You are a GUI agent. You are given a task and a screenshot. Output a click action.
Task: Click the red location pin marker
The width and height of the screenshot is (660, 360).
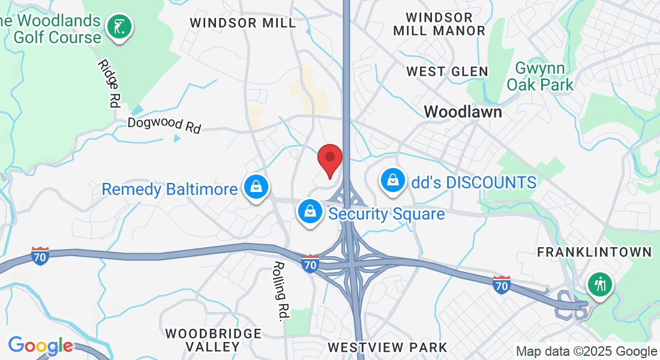[x=329, y=158]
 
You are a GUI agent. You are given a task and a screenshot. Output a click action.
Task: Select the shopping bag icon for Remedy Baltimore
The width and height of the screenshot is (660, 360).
[x=256, y=187]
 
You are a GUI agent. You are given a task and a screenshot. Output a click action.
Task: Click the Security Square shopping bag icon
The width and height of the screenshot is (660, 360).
[x=310, y=211]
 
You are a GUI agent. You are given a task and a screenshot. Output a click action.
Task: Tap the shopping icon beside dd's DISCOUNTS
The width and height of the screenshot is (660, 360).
[x=392, y=179]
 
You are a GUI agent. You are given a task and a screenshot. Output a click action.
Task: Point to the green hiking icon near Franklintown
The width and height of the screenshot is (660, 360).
[x=599, y=283]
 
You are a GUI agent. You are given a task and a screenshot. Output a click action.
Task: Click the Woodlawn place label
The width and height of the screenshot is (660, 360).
[x=463, y=112]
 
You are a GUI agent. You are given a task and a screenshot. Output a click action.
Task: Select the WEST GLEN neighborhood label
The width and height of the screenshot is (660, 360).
[x=447, y=72]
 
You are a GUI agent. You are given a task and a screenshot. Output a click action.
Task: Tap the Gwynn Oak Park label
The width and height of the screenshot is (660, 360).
[x=540, y=76]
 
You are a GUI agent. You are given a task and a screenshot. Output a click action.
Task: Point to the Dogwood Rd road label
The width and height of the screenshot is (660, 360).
[x=164, y=125]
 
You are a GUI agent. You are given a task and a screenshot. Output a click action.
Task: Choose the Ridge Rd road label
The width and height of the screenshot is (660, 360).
[x=107, y=83]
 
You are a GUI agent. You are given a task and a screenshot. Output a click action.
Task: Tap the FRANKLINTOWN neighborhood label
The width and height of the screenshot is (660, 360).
[x=594, y=252]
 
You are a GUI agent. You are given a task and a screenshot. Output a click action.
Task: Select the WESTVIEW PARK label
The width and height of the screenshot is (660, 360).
[x=388, y=347]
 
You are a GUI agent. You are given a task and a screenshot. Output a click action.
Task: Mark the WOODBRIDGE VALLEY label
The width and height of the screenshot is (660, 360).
[x=214, y=340]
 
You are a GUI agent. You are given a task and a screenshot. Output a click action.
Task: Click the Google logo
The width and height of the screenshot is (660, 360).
[x=40, y=346]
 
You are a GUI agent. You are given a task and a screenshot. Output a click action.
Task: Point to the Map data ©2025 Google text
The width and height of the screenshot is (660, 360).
[x=586, y=352]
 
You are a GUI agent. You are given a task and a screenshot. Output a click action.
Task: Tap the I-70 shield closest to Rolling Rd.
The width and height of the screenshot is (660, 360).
[x=310, y=263]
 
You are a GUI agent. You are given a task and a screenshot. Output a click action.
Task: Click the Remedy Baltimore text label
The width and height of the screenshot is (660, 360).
[x=169, y=190]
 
